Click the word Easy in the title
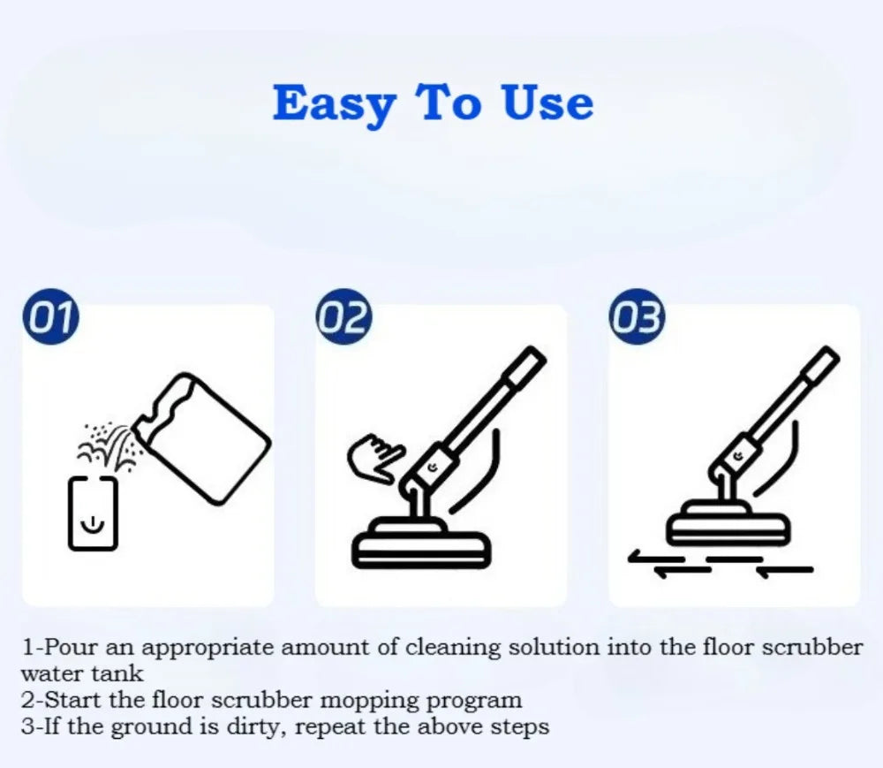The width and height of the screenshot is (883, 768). (x=335, y=104)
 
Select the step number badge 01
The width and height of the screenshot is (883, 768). (x=50, y=316)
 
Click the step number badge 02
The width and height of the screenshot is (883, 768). (x=344, y=316)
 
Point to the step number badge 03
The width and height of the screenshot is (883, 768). (x=637, y=316)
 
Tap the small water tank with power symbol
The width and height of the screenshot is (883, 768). (x=93, y=513)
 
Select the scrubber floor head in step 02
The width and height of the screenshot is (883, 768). (x=421, y=544)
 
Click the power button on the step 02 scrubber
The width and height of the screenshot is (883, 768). (x=433, y=467)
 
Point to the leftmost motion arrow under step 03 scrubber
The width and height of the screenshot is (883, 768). (x=656, y=558)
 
